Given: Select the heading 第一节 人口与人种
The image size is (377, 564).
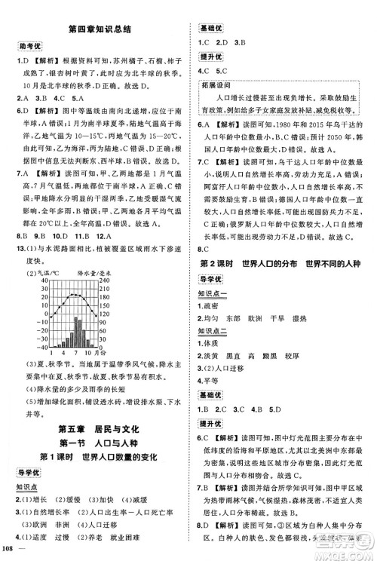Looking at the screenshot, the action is [97, 444].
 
